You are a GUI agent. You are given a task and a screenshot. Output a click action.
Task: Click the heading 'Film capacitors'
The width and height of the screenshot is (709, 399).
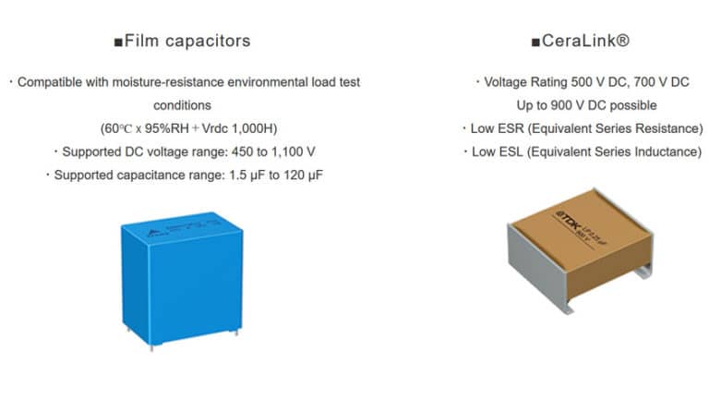point(186,41)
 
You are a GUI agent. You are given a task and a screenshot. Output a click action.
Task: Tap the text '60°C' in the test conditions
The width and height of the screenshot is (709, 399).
point(119,128)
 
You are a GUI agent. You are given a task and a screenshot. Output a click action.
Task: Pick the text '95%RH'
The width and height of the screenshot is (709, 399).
point(165,128)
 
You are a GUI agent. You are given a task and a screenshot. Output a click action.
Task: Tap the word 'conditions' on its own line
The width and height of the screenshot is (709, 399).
point(183,105)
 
